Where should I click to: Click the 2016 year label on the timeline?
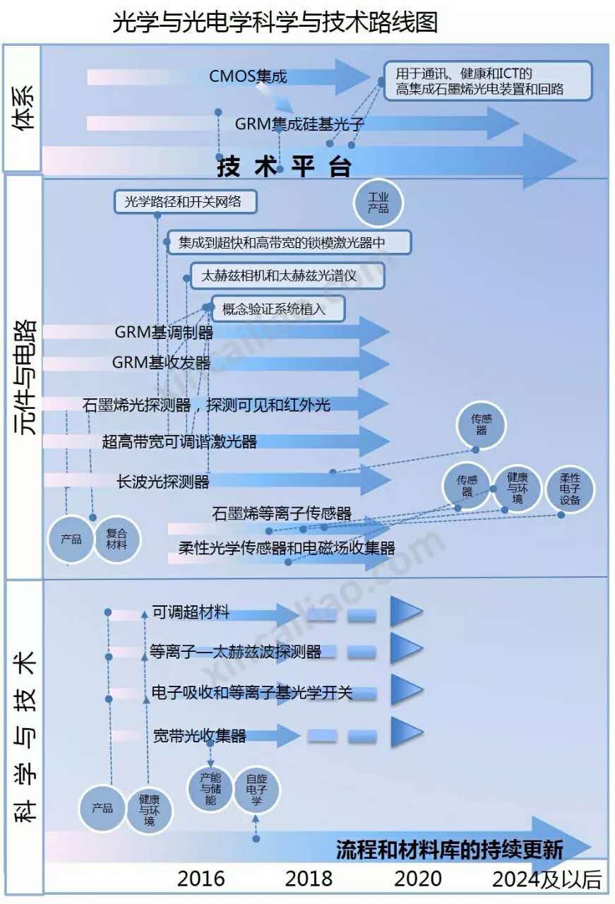click(x=201, y=879)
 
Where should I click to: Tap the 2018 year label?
click(x=309, y=879)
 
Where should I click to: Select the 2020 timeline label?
click(x=418, y=879)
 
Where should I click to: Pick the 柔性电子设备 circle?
click(x=570, y=489)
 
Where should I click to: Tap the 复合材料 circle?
click(x=117, y=540)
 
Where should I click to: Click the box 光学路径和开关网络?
click(x=185, y=202)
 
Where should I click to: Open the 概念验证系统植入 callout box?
click(x=277, y=309)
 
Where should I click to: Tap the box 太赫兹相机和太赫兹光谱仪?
click(x=288, y=276)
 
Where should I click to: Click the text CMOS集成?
click(x=249, y=76)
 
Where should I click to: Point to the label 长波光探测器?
click(x=163, y=482)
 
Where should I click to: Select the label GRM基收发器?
click(x=162, y=363)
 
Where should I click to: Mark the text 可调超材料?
click(x=191, y=612)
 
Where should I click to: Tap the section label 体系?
click(x=22, y=108)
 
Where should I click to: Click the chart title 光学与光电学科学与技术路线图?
click(x=275, y=22)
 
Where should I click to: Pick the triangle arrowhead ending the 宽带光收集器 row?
click(x=406, y=732)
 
